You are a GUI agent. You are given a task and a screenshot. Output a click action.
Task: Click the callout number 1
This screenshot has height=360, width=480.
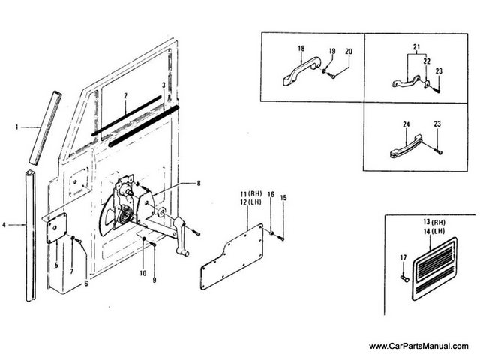click(x=16, y=127)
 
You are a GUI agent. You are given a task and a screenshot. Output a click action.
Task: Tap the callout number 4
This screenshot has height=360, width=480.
click(x=4, y=225)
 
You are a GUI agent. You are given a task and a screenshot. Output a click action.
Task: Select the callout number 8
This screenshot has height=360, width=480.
click(x=199, y=183)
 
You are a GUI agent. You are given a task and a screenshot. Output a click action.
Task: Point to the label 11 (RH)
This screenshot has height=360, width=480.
click(x=251, y=194)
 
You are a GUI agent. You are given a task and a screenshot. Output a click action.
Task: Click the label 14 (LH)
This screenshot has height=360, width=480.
click(x=434, y=231)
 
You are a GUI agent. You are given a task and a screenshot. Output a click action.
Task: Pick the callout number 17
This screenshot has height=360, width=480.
click(x=403, y=258)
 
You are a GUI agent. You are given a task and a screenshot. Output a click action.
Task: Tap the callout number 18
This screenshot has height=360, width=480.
click(x=301, y=48)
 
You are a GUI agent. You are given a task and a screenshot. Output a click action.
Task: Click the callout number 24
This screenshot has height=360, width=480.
click(x=406, y=124)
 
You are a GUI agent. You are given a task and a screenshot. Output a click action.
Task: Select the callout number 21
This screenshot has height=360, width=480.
click(x=416, y=47)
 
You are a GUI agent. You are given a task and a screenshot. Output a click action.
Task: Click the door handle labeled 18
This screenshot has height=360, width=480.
click(x=301, y=70)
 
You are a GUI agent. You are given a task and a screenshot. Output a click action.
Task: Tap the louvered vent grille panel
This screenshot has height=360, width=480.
click(x=434, y=268)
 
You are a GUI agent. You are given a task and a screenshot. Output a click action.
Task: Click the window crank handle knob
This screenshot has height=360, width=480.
click(x=182, y=253)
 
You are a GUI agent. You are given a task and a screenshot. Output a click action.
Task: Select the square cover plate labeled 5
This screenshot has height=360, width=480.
click(x=57, y=228)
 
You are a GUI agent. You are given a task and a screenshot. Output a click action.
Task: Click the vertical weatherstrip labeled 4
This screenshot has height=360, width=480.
click(x=31, y=235)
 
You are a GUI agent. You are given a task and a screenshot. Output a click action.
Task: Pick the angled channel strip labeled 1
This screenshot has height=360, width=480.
click(x=45, y=128)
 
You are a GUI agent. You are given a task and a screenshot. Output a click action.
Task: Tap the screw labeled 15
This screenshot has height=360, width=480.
click(x=281, y=237)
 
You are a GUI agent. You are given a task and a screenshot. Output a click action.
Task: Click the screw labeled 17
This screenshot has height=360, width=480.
click(x=403, y=277)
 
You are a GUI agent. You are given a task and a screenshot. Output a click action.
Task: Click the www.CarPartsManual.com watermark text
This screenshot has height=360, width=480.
click(x=418, y=346)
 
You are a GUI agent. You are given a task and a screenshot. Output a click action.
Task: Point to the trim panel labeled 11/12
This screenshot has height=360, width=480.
click(x=232, y=256)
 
